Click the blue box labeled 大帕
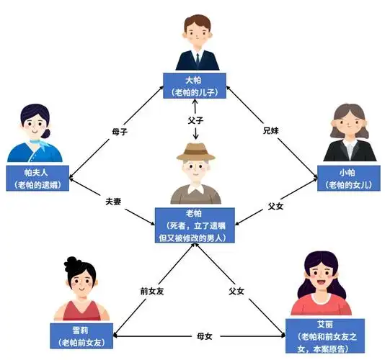click(x=195, y=85)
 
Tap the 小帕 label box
click(x=350, y=178)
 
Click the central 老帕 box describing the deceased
click(x=195, y=224)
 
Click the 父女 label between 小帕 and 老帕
click(x=275, y=205)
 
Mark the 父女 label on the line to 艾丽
click(x=238, y=291)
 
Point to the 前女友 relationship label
click(x=152, y=291)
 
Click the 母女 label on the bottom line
click(x=205, y=336)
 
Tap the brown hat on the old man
click(x=195, y=153)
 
